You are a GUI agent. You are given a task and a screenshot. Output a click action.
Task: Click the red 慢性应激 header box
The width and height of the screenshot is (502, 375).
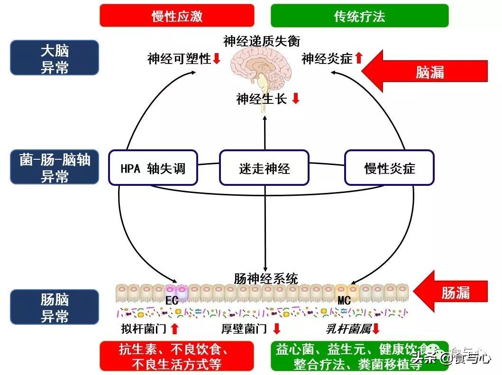177,16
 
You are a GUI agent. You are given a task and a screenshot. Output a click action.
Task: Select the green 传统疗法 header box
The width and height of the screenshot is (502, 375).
359,16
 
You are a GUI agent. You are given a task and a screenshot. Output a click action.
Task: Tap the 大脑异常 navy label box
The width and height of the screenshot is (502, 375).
55,57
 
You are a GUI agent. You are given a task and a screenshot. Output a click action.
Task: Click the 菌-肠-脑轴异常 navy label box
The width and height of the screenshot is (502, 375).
55,167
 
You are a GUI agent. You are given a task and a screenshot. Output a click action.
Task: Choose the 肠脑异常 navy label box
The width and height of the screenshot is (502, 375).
55,307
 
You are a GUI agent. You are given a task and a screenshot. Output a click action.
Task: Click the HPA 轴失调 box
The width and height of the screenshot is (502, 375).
153,168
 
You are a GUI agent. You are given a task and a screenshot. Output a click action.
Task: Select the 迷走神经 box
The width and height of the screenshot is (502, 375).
264,168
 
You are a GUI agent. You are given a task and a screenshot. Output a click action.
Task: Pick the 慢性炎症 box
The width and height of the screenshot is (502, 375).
389,168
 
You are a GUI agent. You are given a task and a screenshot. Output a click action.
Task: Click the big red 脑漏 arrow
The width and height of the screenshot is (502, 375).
424,72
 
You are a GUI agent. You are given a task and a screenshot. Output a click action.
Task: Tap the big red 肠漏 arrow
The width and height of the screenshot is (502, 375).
450,292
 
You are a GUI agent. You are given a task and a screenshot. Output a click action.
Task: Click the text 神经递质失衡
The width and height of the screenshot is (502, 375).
262,41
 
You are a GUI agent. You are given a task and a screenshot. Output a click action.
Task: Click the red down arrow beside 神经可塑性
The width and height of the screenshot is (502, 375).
217,59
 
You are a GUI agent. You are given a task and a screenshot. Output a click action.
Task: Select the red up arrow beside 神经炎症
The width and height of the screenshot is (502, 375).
359,58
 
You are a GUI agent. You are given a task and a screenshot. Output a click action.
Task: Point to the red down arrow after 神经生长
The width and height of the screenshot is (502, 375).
296,99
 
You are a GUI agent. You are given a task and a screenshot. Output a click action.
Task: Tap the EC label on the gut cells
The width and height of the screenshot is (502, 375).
172,300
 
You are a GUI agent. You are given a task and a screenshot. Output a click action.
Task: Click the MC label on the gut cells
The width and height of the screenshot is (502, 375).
344,300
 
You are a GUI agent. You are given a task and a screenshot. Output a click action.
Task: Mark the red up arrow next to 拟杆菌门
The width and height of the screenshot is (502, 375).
174,329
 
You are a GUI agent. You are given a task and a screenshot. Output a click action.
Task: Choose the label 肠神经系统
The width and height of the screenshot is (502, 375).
265,278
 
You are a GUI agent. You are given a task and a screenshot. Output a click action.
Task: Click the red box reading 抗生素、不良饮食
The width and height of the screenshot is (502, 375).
177,356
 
